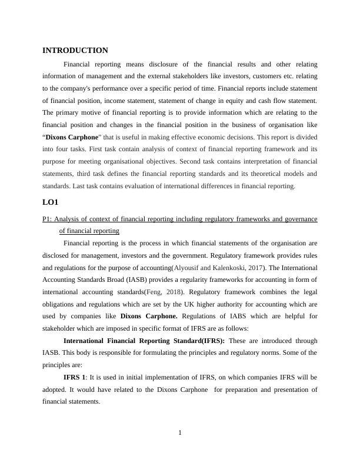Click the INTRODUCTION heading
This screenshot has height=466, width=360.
coord(75,51)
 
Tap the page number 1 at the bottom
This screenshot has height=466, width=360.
coord(180,434)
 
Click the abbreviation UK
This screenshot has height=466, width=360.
coord(192,304)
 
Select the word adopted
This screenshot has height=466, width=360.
coord(57,390)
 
